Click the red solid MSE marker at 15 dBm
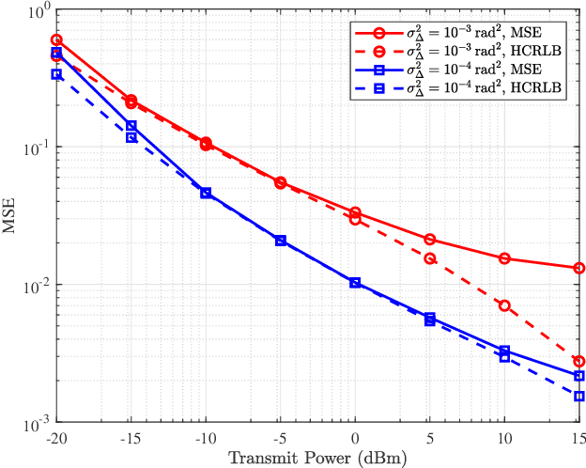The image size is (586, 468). [x=579, y=268]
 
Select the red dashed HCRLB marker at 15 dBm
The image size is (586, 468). [x=579, y=361]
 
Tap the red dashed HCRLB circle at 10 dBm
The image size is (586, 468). [x=504, y=305]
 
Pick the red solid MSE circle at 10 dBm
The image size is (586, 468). [x=504, y=258]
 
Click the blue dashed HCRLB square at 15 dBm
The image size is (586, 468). [x=579, y=396]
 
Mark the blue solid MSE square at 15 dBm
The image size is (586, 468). [x=579, y=376]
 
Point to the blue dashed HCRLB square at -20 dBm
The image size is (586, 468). [x=56, y=74]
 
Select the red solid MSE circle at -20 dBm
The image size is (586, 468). [x=56, y=40]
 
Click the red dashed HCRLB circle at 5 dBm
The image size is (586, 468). [x=430, y=258]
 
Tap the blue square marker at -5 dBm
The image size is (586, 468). [x=281, y=241]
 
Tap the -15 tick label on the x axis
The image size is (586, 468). [x=131, y=438]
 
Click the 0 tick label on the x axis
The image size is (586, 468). [x=355, y=438]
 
